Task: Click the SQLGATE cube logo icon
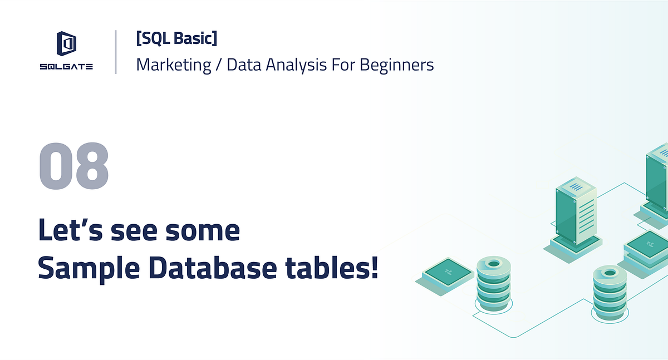click(66, 43)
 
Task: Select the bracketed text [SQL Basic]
click(176, 38)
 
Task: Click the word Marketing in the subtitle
click(173, 65)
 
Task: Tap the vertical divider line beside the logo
click(116, 52)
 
